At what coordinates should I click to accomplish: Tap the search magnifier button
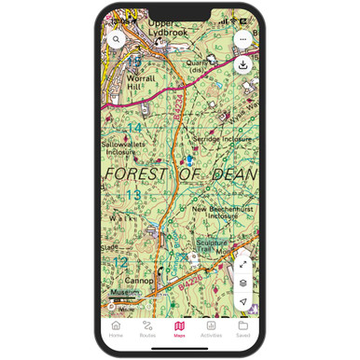click(117, 40)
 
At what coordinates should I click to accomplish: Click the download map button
click(242, 64)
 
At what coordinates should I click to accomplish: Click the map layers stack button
click(242, 283)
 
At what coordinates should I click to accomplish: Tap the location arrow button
click(242, 301)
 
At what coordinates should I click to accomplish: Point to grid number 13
click(133, 195)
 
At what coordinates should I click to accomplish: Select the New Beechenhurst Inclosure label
click(221, 213)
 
